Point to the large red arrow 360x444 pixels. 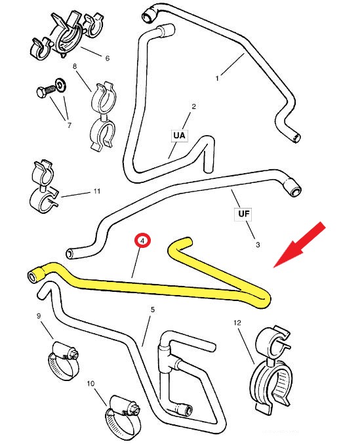click(x=300, y=245)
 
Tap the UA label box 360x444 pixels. click(x=180, y=135)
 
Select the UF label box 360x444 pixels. click(x=243, y=214)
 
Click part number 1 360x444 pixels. click(x=217, y=78)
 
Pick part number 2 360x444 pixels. click(x=194, y=106)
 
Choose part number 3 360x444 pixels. click(x=258, y=245)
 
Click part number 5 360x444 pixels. click(x=153, y=310)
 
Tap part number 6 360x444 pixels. click(x=108, y=58)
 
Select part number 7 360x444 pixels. click(x=70, y=125)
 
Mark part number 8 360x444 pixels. click(x=75, y=66)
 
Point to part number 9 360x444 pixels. click(x=39, y=315)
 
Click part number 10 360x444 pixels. click(x=90, y=384)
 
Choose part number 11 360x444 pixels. click(x=97, y=191)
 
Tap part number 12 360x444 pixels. click(x=237, y=323)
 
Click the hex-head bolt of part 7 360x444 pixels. click(x=45, y=91)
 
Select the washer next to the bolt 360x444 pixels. click(x=61, y=85)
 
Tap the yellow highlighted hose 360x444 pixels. click(x=159, y=289)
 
